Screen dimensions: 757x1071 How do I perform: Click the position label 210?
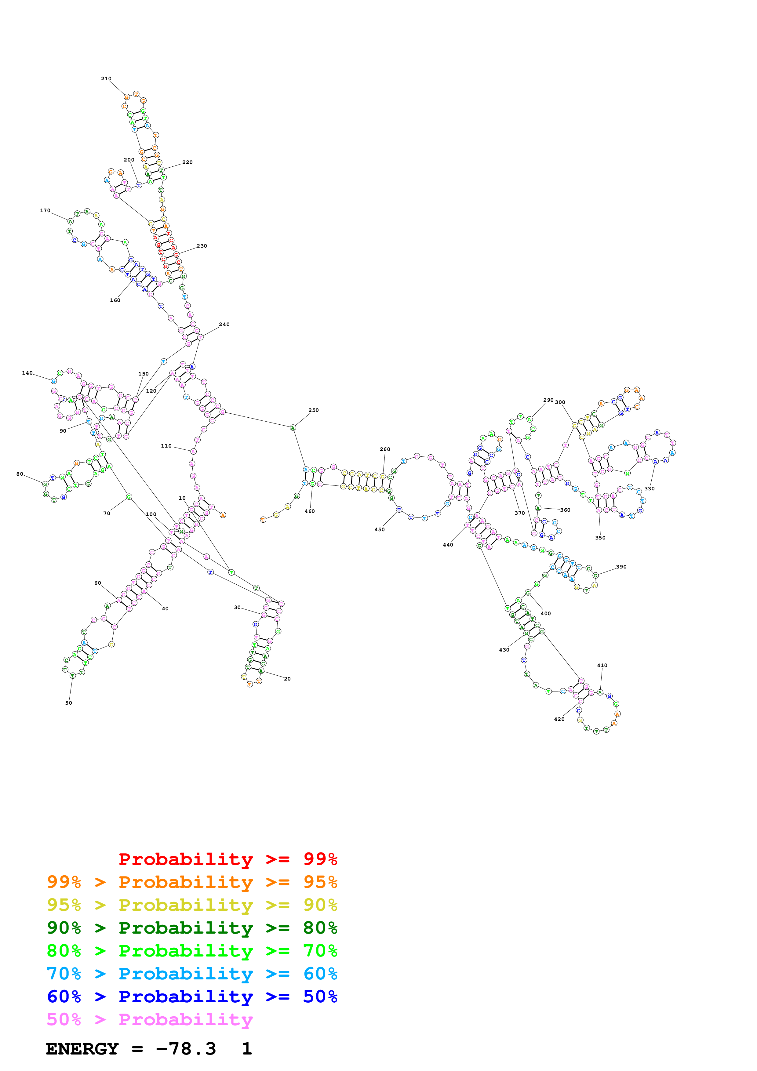(x=106, y=79)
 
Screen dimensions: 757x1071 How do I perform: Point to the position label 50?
(x=69, y=703)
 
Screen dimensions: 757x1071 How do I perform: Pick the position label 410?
(x=602, y=666)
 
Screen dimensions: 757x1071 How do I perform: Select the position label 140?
(x=27, y=373)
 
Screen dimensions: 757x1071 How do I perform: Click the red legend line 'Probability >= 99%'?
(x=227, y=859)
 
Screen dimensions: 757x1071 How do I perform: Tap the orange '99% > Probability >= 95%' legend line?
(x=192, y=882)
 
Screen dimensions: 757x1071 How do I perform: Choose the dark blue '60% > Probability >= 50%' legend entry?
(x=192, y=997)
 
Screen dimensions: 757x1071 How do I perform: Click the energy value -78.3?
(x=186, y=1049)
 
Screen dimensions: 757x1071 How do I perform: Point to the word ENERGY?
(x=82, y=1049)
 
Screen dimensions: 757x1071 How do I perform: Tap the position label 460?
(x=310, y=512)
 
